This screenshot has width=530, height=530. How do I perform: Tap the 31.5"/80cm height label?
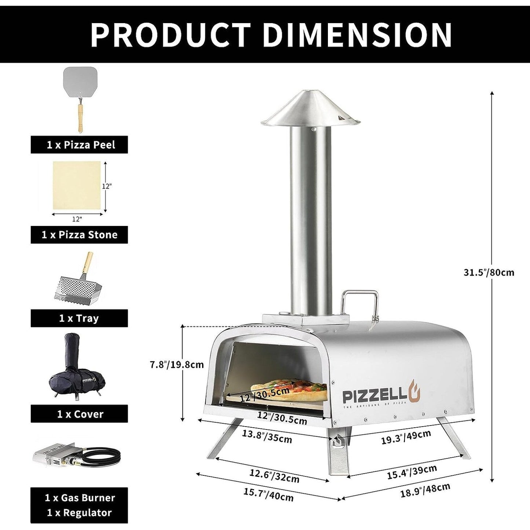click(489, 273)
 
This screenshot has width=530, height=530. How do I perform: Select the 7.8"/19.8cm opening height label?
click(176, 365)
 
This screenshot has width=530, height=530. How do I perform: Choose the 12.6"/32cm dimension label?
click(274, 476)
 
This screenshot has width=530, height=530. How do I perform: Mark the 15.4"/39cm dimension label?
click(412, 472)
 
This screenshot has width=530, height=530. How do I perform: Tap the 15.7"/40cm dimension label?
click(268, 495)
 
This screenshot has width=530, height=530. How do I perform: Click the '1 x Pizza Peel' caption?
click(79, 145)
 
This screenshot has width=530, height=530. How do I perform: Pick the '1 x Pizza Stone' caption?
click(79, 235)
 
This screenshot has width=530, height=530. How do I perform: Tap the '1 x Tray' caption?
click(79, 318)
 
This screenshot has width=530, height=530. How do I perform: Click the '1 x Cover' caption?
click(79, 414)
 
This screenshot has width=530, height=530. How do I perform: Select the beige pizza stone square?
click(76, 186)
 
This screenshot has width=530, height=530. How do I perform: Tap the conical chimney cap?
click(311, 109)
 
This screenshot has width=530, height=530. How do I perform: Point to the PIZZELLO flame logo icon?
click(414, 395)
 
